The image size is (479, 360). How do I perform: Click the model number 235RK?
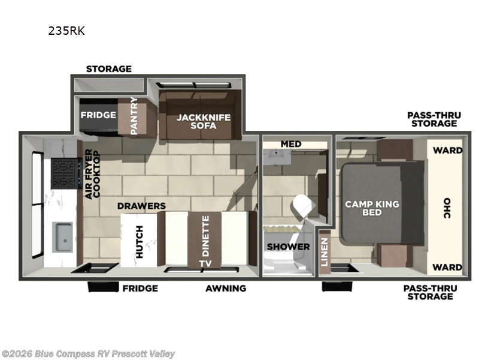click(x=66, y=31)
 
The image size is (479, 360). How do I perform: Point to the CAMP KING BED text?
click(x=372, y=209)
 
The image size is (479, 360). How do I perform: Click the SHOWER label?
click(x=288, y=247)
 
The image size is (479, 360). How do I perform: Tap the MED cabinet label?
click(x=291, y=144)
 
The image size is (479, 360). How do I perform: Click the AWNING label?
click(x=226, y=288)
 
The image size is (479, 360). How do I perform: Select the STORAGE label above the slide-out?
click(x=108, y=68)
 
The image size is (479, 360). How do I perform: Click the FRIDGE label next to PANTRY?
click(x=98, y=115)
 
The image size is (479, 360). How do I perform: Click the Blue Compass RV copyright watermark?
click(x=89, y=354)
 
